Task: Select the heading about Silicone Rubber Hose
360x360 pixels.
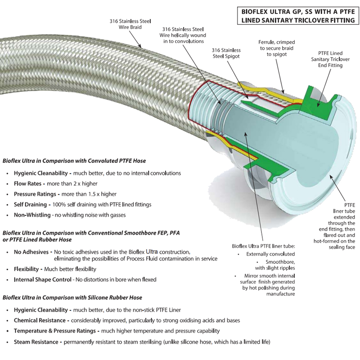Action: (72, 297)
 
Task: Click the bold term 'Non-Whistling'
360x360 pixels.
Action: (32, 215)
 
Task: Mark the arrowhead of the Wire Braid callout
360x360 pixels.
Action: (143, 47)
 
